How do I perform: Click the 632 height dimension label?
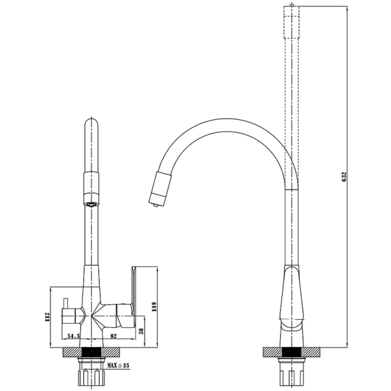(x=344, y=177)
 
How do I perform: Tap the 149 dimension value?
(x=154, y=307)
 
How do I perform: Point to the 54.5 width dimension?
(x=73, y=336)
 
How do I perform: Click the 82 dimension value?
(x=113, y=336)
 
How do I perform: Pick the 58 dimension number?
(x=142, y=331)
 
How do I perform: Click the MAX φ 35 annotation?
(x=118, y=366)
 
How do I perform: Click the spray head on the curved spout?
(x=160, y=189)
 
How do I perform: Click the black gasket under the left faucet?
(x=92, y=352)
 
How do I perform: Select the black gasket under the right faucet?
(x=291, y=352)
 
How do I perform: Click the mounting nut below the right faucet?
(x=291, y=373)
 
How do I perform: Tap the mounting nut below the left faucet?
(x=92, y=373)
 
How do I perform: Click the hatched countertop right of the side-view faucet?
(x=112, y=352)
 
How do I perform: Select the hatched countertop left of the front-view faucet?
(x=273, y=352)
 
